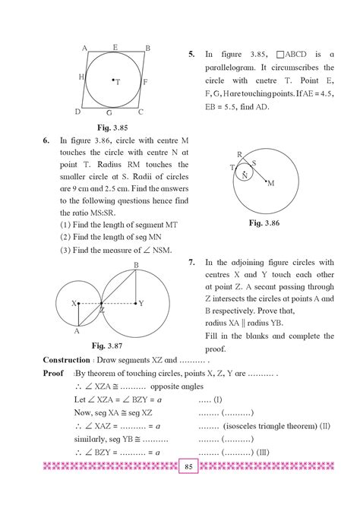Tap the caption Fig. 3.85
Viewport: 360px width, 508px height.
coord(113,127)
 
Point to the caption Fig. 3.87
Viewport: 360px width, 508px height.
coord(109,345)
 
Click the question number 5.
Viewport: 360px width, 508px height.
coord(191,55)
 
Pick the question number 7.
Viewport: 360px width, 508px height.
coord(191,261)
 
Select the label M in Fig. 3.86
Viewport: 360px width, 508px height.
coord(270,183)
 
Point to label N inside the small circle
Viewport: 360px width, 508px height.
coord(245,175)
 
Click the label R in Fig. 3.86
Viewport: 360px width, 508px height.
coord(239,155)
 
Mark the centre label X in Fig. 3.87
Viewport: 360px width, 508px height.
coord(74,303)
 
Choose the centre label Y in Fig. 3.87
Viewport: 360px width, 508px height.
coord(141,303)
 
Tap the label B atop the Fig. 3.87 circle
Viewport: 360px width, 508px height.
coord(136,264)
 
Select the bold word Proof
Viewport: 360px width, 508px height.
coord(53,374)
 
